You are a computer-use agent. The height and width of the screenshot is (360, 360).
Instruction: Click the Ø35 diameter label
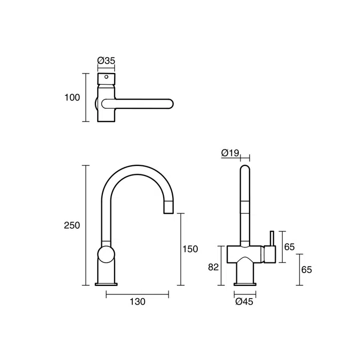[x=106, y=61]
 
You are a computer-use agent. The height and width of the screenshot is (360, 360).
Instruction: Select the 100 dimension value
[x=71, y=98]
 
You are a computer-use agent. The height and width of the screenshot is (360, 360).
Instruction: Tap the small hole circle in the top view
[x=106, y=77]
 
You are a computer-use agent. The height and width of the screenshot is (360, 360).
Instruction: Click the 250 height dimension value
[x=71, y=225]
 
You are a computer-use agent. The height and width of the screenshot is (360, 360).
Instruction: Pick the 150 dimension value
[x=190, y=249]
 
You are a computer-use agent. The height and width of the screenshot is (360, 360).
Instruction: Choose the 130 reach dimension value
[x=137, y=302]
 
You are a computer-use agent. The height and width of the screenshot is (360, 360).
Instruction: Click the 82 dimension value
[x=213, y=267]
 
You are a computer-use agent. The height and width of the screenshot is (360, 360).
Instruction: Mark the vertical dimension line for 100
[x=85, y=98]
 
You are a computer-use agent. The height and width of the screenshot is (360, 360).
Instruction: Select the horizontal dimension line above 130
[x=137, y=293]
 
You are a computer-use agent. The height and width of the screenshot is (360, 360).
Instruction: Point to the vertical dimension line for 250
[x=85, y=225]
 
